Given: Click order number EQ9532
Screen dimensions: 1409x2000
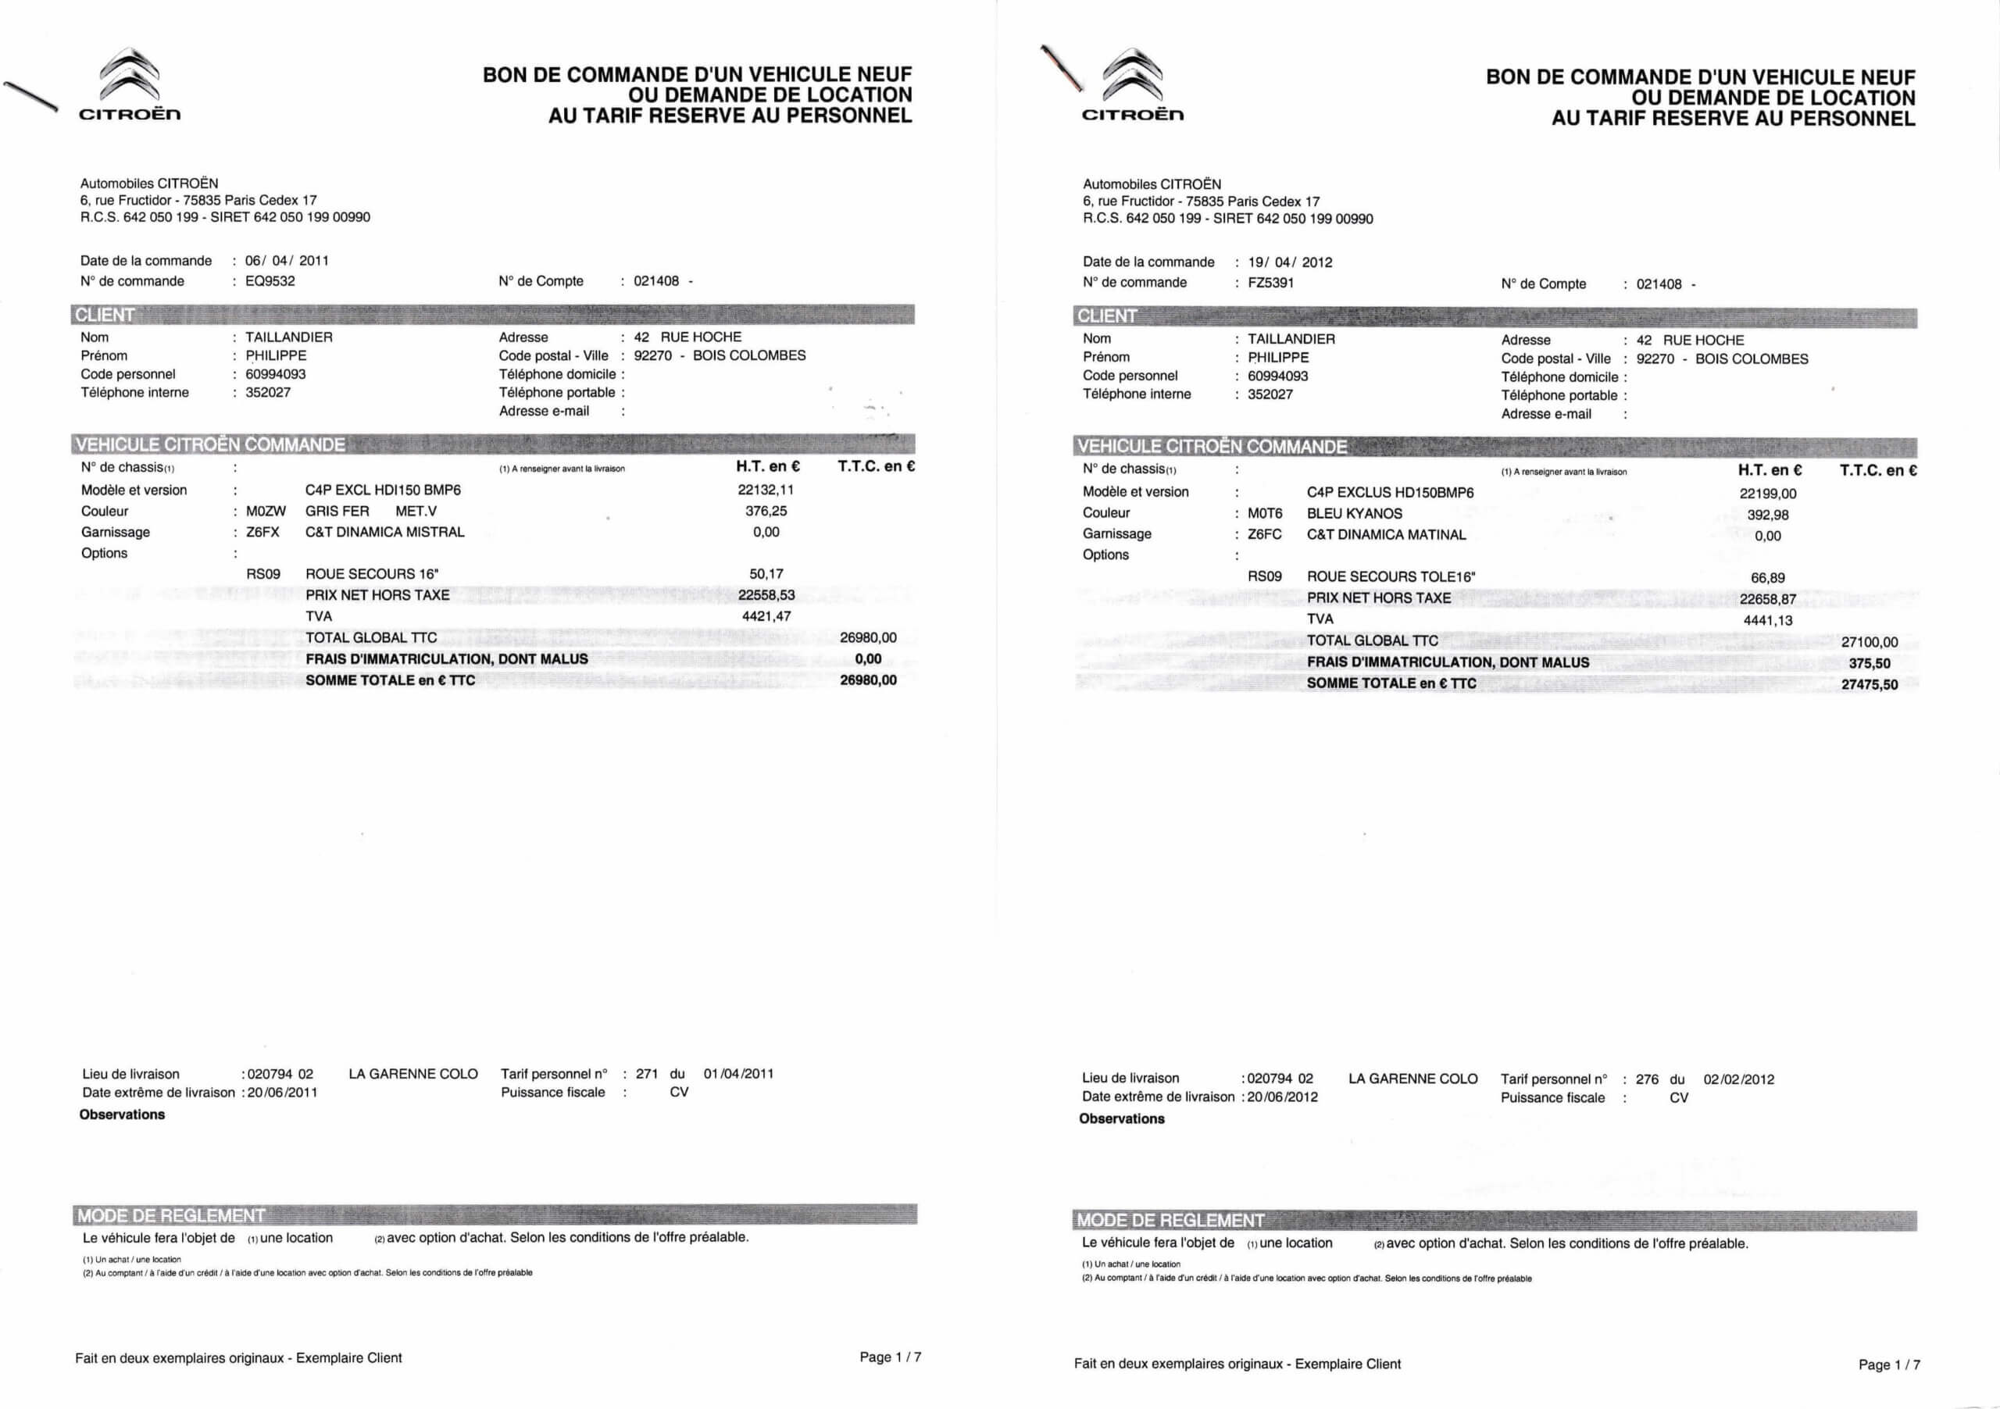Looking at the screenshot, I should pos(270,281).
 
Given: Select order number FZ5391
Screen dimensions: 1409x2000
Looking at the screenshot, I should pos(1270,283).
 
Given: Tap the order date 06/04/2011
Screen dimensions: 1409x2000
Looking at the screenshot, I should pos(287,260).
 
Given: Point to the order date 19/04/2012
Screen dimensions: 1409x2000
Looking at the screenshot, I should pos(1289,262).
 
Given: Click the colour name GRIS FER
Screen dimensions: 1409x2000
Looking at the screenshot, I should pos(337,511).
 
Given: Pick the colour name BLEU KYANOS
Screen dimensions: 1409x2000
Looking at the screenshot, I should pos(1354,514).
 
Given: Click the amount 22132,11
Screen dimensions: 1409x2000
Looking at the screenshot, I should pos(766,490).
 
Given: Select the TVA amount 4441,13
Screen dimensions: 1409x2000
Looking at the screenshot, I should pos(1767,621).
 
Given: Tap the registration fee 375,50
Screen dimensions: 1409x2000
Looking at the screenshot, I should pos(1870,664).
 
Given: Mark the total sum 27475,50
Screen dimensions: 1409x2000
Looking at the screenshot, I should pos(1870,684).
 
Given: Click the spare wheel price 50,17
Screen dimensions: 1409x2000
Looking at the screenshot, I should pos(766,574).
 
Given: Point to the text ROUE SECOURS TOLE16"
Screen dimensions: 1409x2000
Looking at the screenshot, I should pos(1391,576).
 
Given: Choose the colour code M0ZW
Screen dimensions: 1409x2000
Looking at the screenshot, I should pos(266,511).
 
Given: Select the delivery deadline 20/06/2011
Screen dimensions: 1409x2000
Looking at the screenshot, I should pos(282,1093).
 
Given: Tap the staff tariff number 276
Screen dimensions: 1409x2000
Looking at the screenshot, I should pos(1646,1079).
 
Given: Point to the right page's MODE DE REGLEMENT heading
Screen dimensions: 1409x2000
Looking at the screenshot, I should pos(1170,1220).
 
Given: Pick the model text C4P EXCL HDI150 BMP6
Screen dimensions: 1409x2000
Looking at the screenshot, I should pos(382,490).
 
